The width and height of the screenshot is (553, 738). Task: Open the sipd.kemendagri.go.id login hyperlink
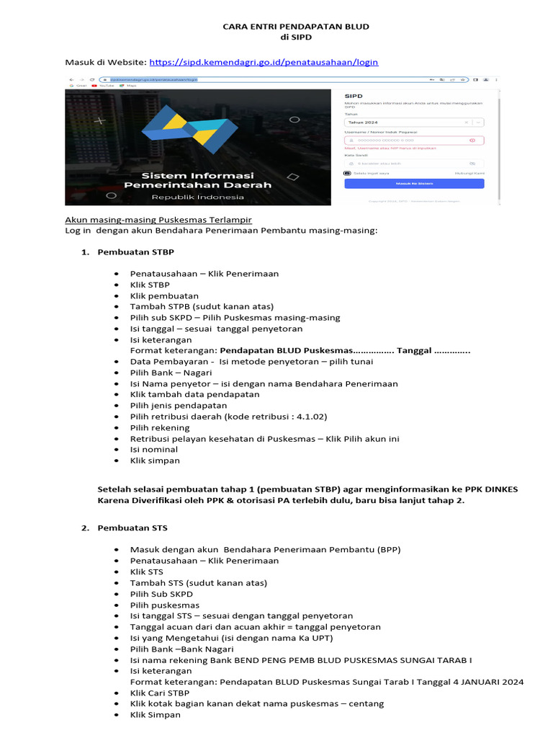click(x=264, y=63)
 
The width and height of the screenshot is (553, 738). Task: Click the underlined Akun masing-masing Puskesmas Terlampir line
click(x=158, y=219)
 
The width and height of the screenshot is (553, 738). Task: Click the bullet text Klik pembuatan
click(x=164, y=295)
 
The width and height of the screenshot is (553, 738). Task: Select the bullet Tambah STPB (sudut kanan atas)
click(x=202, y=306)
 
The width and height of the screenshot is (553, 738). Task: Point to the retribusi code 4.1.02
click(x=312, y=417)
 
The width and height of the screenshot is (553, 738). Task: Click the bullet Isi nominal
click(x=153, y=449)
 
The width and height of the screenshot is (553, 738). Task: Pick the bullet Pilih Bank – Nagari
click(x=171, y=373)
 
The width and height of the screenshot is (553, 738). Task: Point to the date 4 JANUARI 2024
click(x=482, y=682)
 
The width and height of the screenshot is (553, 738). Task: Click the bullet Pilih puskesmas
click(x=165, y=605)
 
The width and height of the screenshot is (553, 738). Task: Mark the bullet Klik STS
click(x=146, y=572)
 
